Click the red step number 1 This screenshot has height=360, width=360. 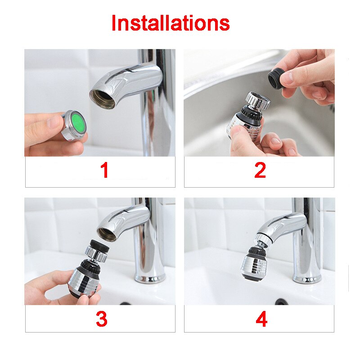(104, 171)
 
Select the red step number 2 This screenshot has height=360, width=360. (260, 171)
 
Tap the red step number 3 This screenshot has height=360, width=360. (101, 319)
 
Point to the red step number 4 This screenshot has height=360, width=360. (261, 319)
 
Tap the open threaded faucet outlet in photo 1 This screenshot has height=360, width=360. (103, 98)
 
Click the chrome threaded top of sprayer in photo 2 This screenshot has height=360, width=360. (257, 100)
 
